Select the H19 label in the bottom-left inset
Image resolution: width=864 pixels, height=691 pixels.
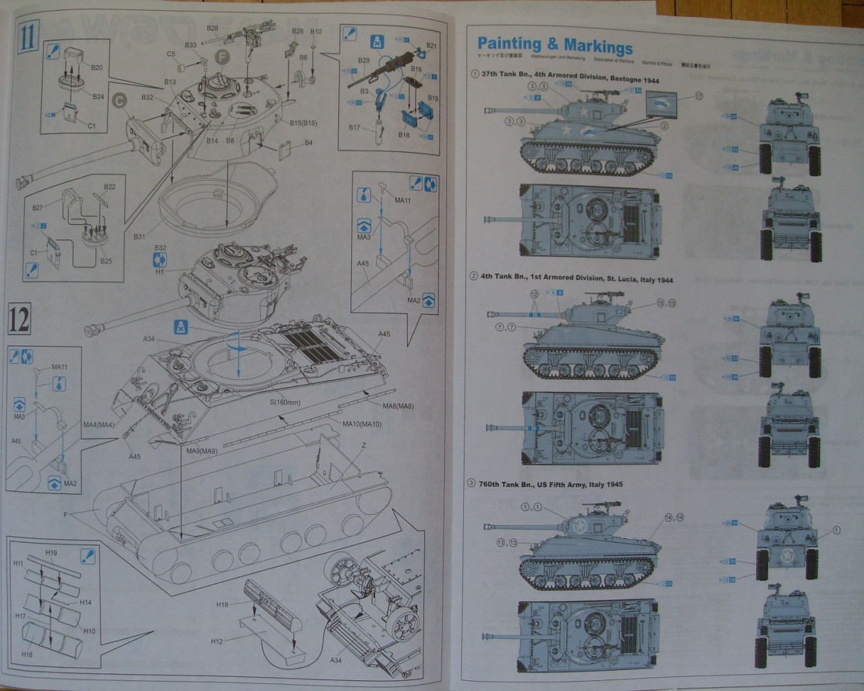pyautogui.click(x=51, y=553)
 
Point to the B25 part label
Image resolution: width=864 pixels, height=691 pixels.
pyautogui.click(x=107, y=260)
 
